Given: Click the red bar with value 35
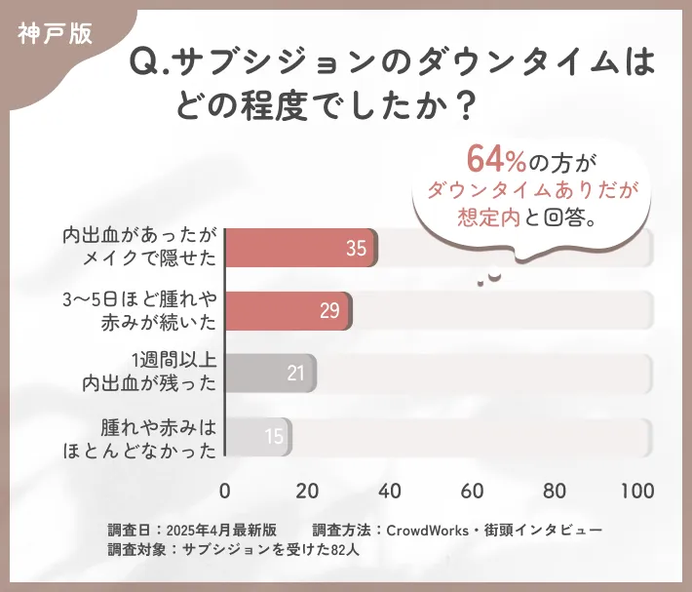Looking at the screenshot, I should (x=301, y=249).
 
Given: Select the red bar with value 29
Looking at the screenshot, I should (x=288, y=310).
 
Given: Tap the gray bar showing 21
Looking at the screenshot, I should (x=271, y=373).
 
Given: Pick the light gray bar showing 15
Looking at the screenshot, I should (x=258, y=436).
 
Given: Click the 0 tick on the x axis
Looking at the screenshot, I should (x=226, y=491).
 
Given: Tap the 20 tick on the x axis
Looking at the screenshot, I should (x=308, y=491).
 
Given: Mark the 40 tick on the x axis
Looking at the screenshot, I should (x=390, y=491).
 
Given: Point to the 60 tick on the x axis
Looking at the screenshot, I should (x=473, y=491).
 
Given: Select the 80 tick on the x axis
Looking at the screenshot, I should (x=556, y=491).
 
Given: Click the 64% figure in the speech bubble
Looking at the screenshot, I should (x=497, y=158).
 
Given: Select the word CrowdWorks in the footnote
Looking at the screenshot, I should (x=428, y=530).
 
